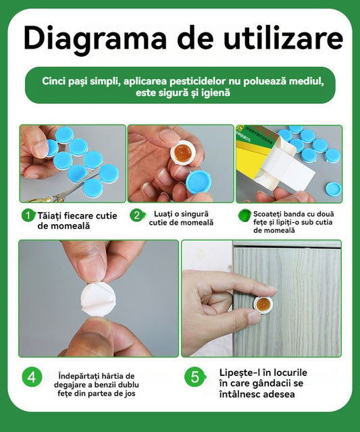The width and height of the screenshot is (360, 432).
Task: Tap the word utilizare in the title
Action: (284, 37)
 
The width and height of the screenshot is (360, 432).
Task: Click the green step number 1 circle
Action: (28, 215)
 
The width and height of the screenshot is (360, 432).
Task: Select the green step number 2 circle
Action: (136, 215)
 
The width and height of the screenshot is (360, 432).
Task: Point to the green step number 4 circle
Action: (32, 377)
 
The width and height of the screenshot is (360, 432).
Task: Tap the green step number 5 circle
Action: (195, 377)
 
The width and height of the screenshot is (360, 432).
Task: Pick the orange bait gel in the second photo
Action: (183, 153)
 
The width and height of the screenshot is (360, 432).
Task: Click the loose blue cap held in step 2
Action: (199, 182)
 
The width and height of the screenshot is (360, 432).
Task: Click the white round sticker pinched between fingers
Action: (98, 300)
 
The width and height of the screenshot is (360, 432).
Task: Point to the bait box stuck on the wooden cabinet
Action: (263, 304)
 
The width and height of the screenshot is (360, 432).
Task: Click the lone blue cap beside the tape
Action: (333, 189)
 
